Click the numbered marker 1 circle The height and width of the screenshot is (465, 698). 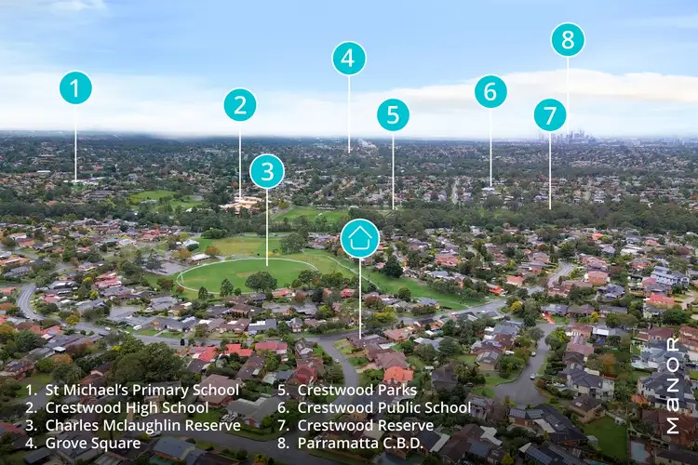pos(75,88)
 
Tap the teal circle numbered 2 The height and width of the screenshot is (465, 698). pos(240,104)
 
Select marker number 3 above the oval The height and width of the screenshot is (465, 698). pos(267,171)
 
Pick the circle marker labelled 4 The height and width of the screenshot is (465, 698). pos(349,59)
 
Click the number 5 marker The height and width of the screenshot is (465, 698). pos(393,115)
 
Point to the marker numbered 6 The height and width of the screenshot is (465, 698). pos(490,91)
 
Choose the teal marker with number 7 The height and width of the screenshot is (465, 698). pos(550,115)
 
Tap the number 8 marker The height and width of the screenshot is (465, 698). pos(568,40)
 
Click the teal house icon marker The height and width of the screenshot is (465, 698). pos(360,238)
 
